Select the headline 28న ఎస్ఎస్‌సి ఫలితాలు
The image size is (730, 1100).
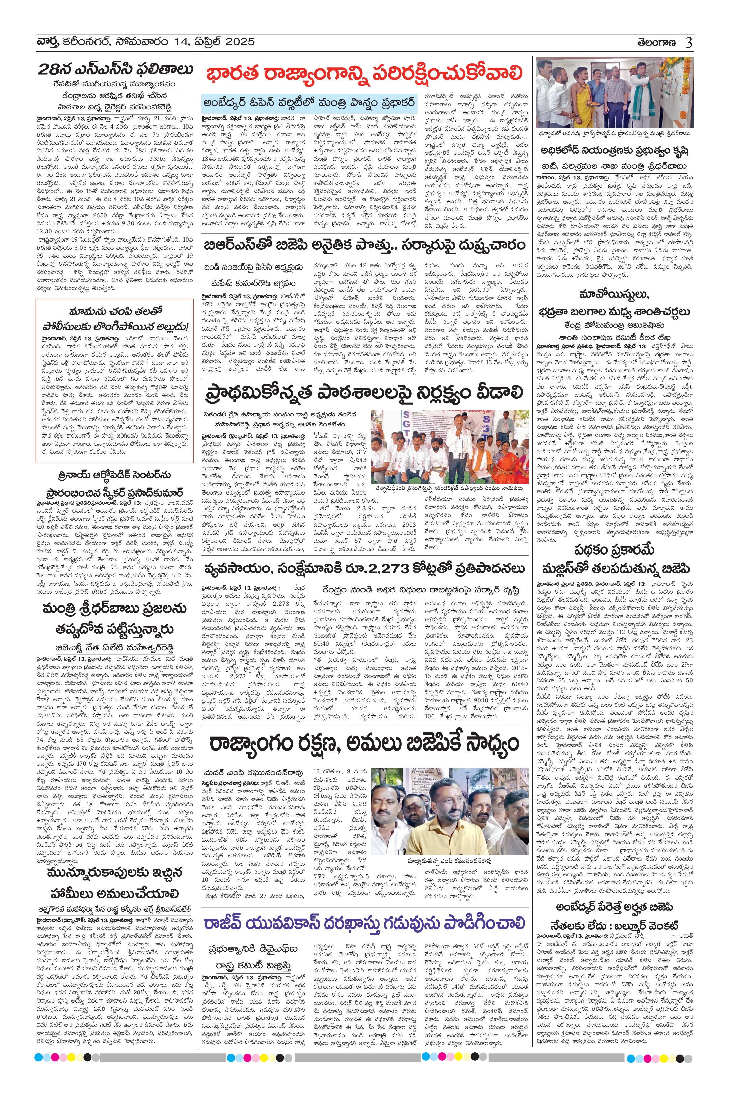[115, 69]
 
